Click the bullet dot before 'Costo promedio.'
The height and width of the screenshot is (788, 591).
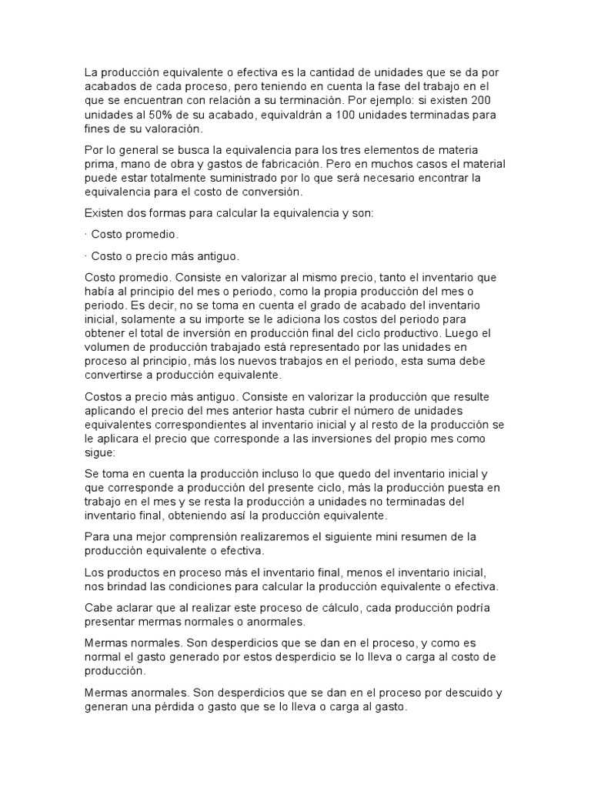[85, 233]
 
